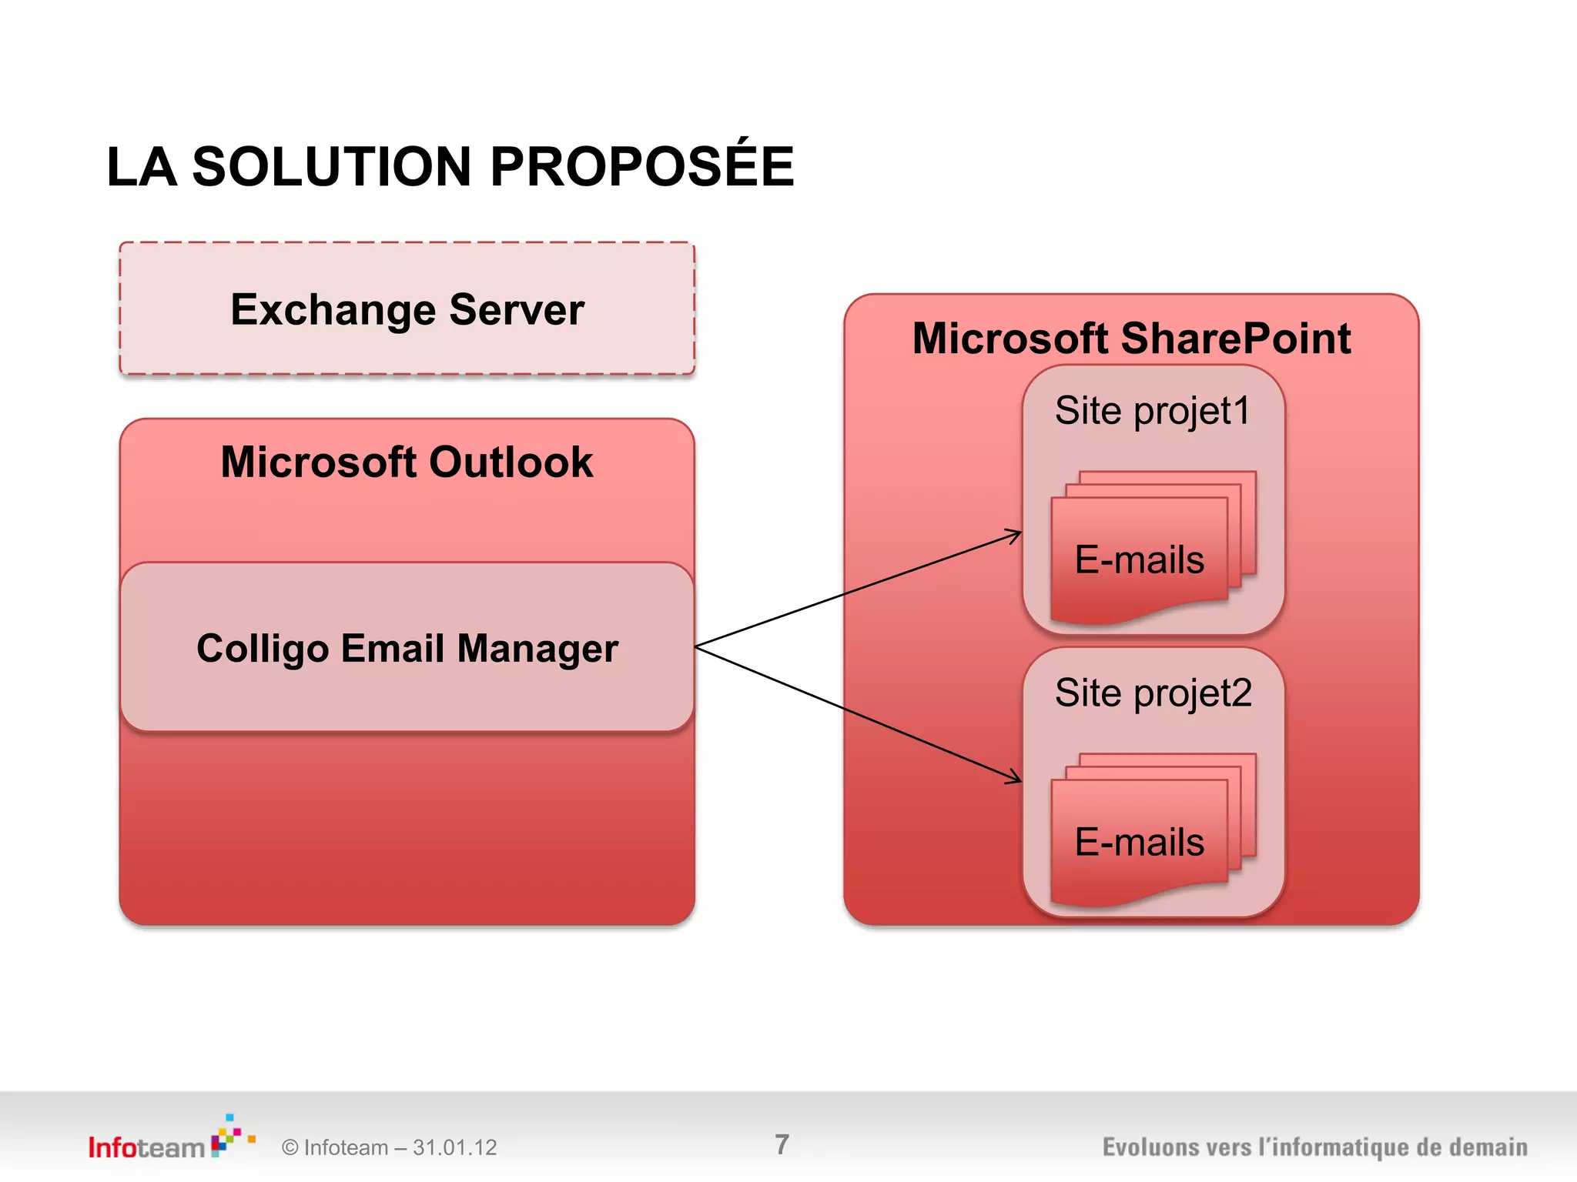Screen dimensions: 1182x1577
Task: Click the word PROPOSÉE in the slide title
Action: [x=641, y=167]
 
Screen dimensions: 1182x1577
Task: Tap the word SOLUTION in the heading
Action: [x=331, y=167]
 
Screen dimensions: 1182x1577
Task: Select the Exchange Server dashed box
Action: [x=407, y=309]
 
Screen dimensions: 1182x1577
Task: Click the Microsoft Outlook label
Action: [x=407, y=462]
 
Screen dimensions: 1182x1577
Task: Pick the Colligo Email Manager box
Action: [x=407, y=648]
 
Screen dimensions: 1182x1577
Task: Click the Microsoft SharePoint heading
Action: [x=1130, y=338]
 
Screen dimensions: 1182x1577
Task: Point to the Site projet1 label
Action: [x=1152, y=410]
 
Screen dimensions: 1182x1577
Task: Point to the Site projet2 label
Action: [x=1153, y=693]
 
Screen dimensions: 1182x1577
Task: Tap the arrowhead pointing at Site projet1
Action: [x=1015, y=534]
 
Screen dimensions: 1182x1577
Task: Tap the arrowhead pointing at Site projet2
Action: [x=1015, y=779]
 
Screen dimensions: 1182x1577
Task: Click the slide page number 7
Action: [x=782, y=1144]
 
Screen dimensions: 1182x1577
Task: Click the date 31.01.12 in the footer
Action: [x=454, y=1147]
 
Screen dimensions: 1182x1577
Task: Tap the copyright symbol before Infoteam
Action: [x=290, y=1147]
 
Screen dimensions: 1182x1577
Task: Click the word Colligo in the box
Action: [x=264, y=648]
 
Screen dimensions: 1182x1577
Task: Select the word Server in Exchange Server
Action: [x=516, y=309]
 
